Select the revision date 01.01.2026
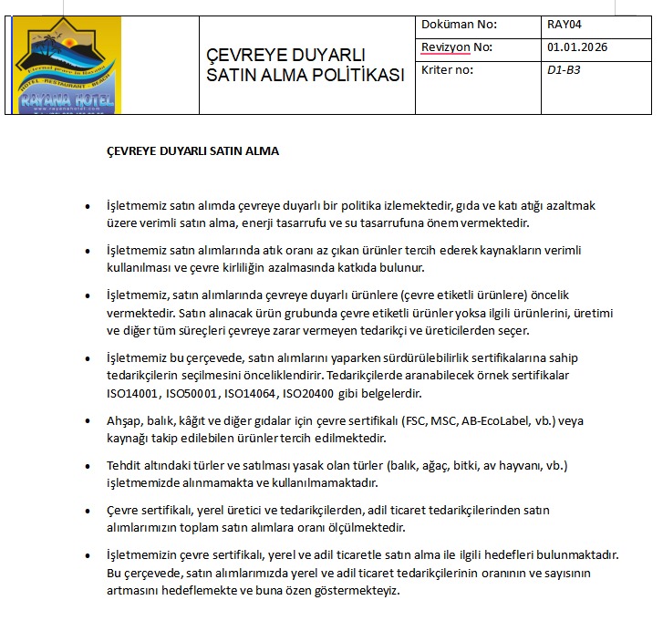[577, 47]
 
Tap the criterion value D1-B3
[565, 69]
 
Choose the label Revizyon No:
[456, 47]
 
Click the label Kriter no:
[447, 69]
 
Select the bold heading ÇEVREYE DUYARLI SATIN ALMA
[193, 150]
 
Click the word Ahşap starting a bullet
[126, 421]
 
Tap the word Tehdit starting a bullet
[126, 466]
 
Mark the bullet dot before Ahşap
[87, 422]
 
